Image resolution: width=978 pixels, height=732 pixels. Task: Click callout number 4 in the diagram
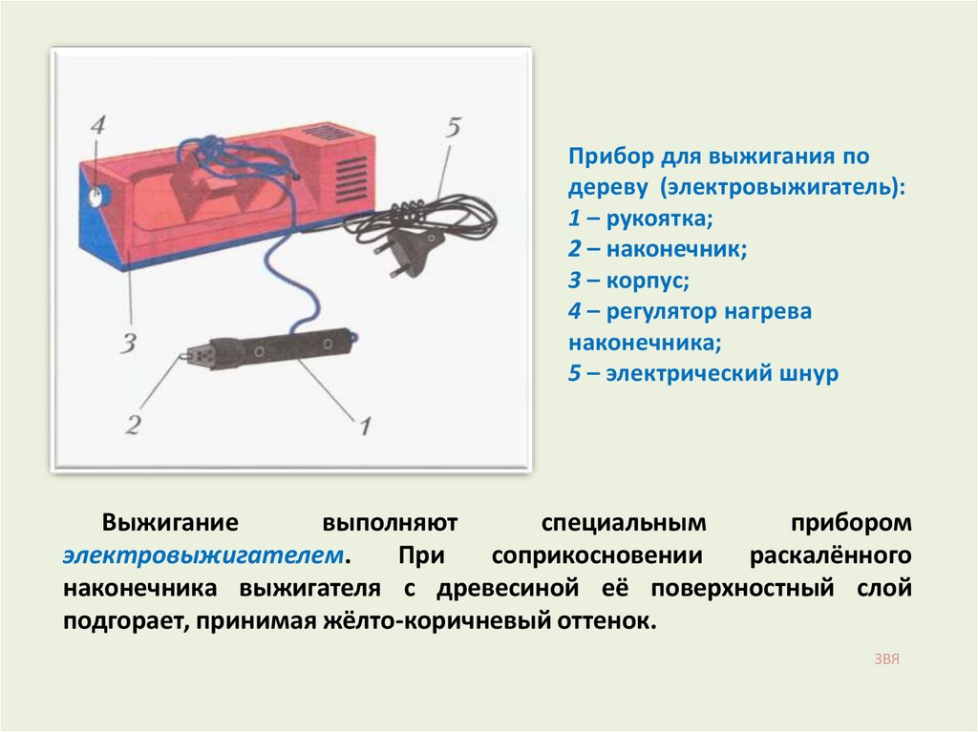[98, 125]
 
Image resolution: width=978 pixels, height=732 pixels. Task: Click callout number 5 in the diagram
[454, 127]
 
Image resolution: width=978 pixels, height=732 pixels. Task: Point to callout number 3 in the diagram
[128, 344]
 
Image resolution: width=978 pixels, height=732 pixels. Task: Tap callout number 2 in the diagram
[132, 425]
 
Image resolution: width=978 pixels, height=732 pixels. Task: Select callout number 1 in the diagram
[365, 426]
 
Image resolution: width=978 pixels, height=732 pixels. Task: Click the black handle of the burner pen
[282, 349]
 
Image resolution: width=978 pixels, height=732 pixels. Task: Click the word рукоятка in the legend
[659, 219]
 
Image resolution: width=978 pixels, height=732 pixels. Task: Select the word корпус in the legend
[648, 282]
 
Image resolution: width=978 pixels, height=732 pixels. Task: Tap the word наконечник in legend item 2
[676, 249]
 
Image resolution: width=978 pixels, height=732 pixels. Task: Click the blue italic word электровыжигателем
[203, 554]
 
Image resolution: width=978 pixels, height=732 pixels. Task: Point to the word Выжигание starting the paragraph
[170, 522]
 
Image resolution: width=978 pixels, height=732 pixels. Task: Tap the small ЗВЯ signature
[886, 659]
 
